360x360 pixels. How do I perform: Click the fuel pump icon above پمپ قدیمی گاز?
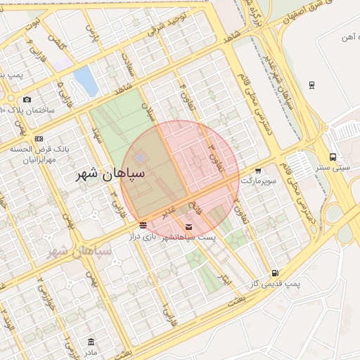click(274, 273)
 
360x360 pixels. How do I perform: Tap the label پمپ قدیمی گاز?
click(275, 284)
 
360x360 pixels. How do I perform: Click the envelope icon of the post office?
click(188, 226)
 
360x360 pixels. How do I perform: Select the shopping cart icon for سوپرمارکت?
click(259, 170)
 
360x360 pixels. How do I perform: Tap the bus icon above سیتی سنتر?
click(333, 157)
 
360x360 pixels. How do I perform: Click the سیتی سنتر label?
click(333, 168)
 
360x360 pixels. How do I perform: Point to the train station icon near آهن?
click(311, 85)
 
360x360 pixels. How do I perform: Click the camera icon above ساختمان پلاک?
click(27, 99)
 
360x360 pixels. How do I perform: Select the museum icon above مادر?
click(91, 342)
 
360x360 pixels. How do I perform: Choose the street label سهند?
click(97, 134)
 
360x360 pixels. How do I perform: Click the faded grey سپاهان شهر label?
click(78, 250)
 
